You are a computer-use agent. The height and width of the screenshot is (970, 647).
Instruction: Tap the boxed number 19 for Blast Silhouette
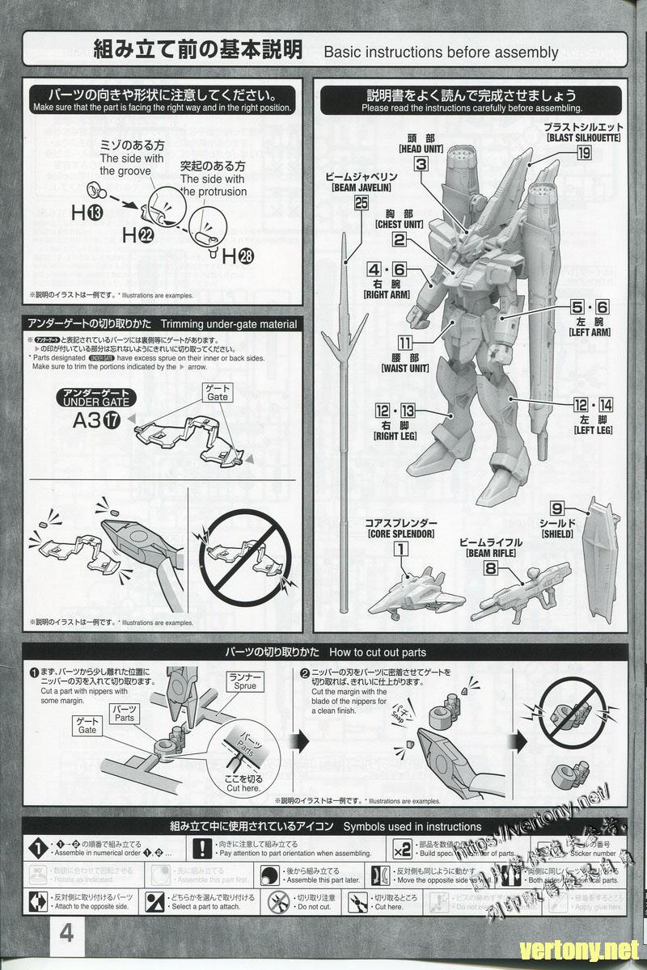pyautogui.click(x=584, y=153)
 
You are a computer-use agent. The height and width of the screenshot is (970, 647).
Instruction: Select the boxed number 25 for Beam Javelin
pyautogui.click(x=361, y=205)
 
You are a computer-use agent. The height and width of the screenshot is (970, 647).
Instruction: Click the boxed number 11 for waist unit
pyautogui.click(x=404, y=343)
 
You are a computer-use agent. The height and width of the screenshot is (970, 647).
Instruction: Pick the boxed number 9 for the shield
pyautogui.click(x=557, y=508)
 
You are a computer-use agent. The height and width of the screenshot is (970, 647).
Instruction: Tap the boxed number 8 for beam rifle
pyautogui.click(x=490, y=568)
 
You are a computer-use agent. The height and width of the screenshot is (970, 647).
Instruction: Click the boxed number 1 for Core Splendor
pyautogui.click(x=399, y=549)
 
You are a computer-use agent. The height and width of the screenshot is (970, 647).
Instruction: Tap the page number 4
pyautogui.click(x=66, y=934)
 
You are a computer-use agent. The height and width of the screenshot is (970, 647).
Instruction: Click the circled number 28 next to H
pyautogui.click(x=246, y=257)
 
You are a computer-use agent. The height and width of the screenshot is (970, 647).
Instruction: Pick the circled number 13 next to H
pyautogui.click(x=95, y=213)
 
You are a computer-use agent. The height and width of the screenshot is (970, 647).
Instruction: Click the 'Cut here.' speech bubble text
pyautogui.click(x=243, y=782)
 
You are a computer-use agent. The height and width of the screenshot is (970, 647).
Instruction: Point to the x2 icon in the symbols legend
pyautogui.click(x=402, y=849)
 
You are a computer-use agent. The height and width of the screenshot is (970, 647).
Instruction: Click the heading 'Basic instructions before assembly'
pyautogui.click(x=441, y=53)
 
